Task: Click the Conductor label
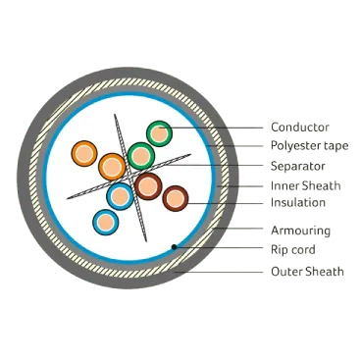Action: pos(300,128)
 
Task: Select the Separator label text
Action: pos(298,166)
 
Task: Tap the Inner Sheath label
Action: pos(306,185)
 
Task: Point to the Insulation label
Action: pos(298,202)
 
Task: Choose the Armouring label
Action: pos(300,231)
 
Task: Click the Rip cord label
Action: pos(293,250)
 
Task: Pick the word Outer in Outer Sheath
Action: pos(285,272)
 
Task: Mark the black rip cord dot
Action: pos(175,247)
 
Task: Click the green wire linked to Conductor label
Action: pos(159,133)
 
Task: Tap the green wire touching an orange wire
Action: pos(141,156)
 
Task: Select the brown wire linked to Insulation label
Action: pos(176,198)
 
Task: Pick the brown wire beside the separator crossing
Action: pos(148,186)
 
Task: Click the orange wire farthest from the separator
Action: pos(84,153)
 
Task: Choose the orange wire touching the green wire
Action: pos(112,167)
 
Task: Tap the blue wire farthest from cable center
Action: pos(105,222)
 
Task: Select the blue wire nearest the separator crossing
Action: pos(120,196)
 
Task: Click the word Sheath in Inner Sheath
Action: pos(322,185)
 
